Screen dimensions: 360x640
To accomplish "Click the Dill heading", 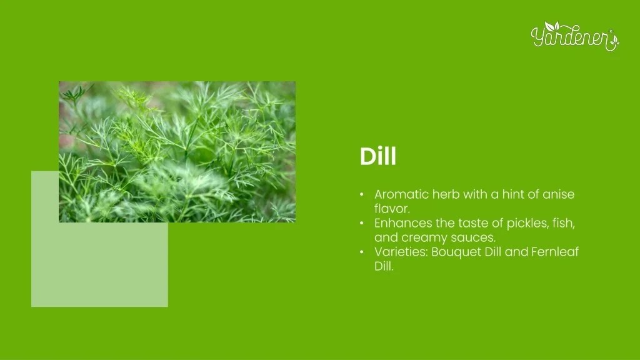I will (x=377, y=157).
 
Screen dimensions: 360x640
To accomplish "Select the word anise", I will (x=558, y=194).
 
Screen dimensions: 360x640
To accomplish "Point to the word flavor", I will (x=391, y=209).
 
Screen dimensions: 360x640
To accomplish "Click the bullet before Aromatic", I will (x=362, y=194).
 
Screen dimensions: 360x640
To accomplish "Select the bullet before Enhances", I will (x=362, y=223).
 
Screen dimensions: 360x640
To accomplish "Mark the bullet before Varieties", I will (x=362, y=252).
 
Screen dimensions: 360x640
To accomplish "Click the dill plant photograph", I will (x=177, y=151).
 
